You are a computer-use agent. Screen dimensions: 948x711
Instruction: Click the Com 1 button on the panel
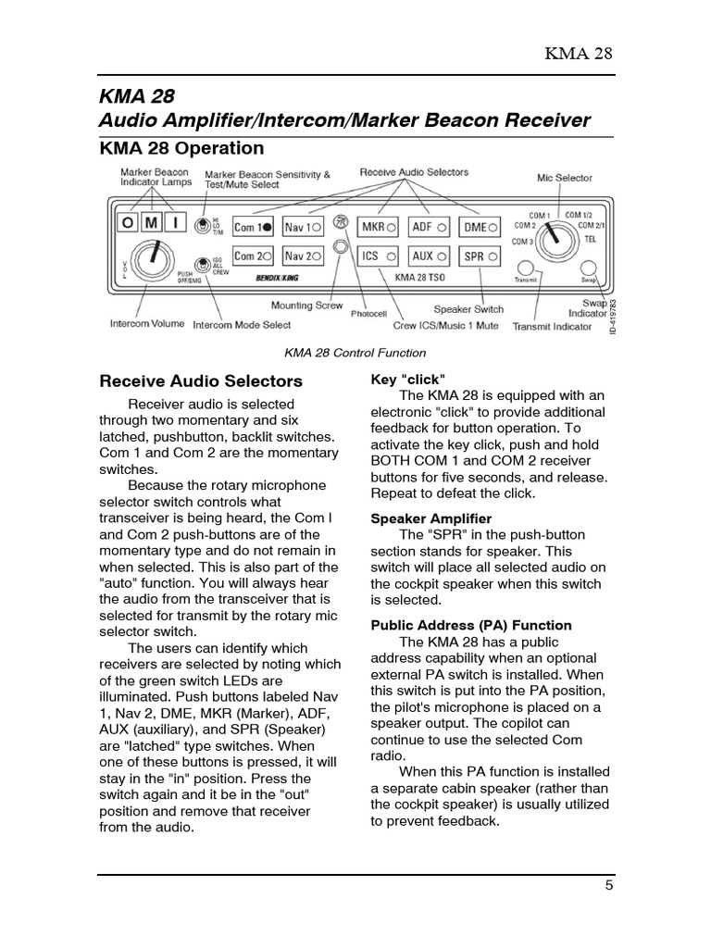point(253,227)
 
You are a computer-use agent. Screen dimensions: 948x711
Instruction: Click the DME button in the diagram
point(480,227)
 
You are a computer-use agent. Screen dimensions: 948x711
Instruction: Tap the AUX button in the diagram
point(430,256)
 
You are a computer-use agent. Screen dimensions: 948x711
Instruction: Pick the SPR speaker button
point(480,256)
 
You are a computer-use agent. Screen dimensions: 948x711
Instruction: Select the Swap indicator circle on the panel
point(587,268)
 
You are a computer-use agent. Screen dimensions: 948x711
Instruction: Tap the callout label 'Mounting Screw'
point(306,306)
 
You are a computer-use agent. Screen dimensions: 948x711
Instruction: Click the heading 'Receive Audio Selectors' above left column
point(201,380)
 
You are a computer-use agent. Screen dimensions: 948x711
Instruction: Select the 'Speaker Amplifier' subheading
point(430,518)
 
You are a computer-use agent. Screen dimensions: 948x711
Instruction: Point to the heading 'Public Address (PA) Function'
point(471,626)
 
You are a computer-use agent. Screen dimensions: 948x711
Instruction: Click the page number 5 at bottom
point(609,884)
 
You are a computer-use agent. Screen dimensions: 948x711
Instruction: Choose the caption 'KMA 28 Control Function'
point(355,353)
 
